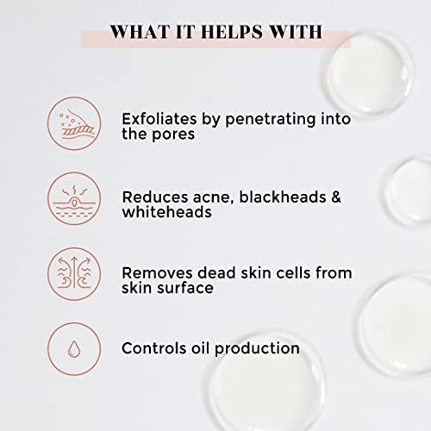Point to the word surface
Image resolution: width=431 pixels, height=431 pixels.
pos(188,288)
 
